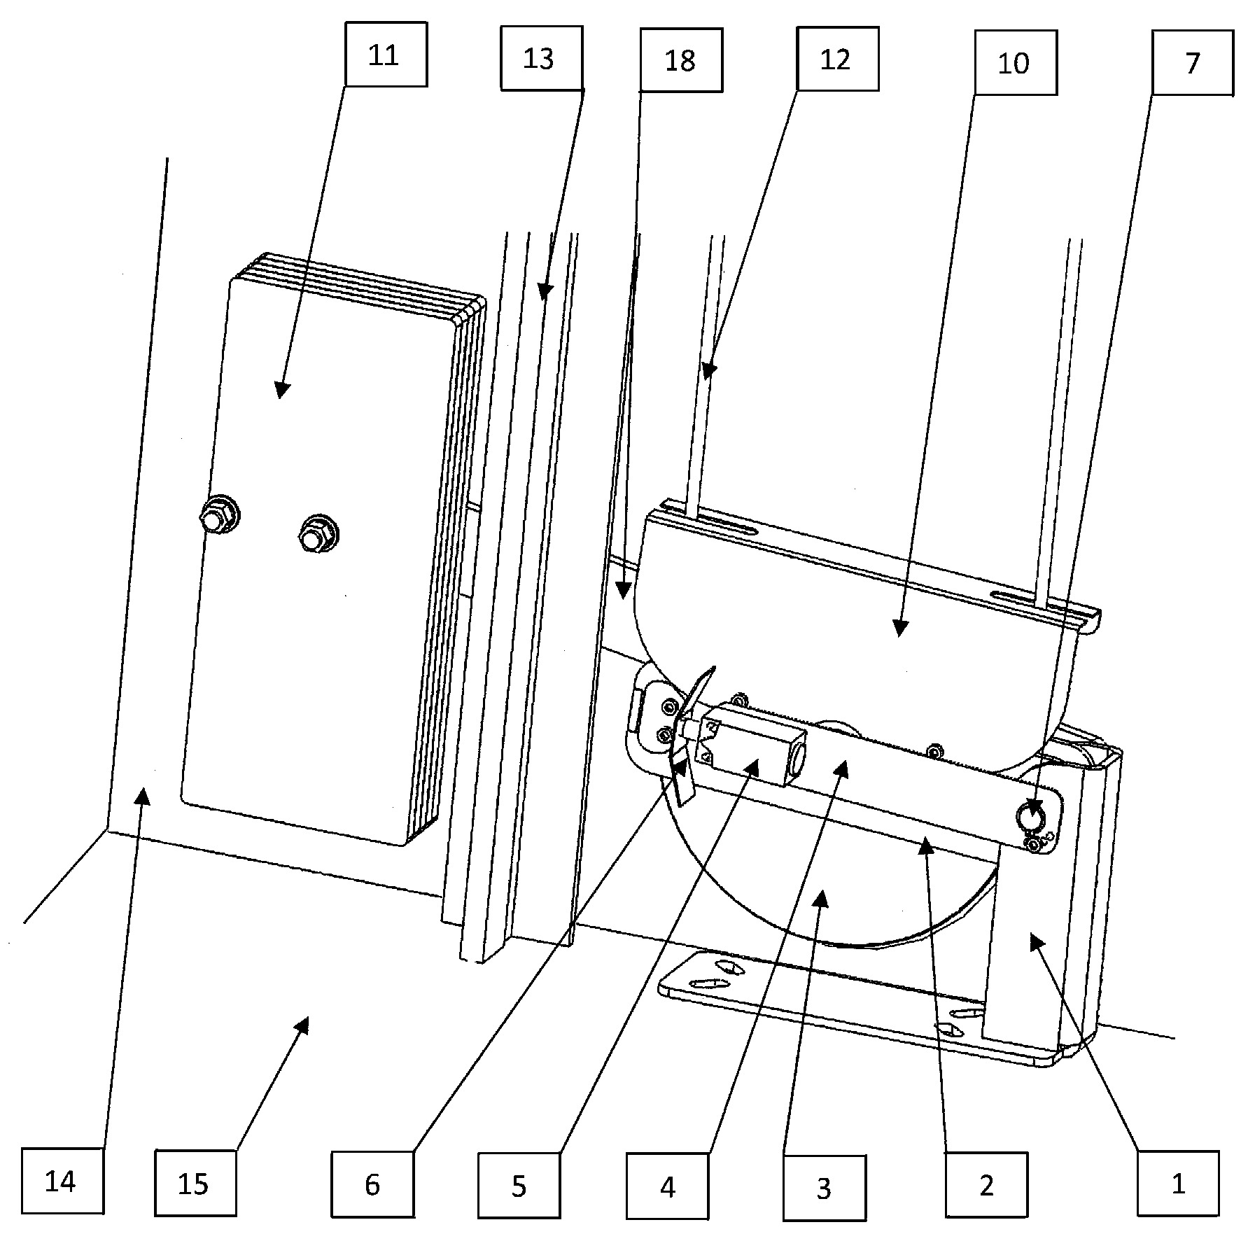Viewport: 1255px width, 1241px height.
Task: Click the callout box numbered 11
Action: [x=386, y=55]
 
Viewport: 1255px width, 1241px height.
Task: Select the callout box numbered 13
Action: [x=541, y=59]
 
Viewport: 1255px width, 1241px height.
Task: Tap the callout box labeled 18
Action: [x=680, y=60]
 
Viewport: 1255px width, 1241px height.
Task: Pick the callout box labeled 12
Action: [x=837, y=59]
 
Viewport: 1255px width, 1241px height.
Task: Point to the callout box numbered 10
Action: [x=1015, y=63]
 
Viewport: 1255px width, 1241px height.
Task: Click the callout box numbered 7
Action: [x=1193, y=63]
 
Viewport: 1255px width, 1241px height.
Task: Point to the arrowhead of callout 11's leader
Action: [x=281, y=391]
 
